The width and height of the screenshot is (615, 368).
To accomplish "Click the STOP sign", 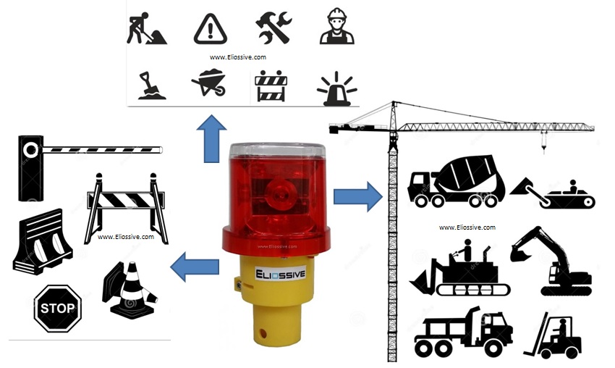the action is tap(58, 309).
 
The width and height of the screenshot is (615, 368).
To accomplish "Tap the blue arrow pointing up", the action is tap(211, 138).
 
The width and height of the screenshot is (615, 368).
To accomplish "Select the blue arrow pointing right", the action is tap(357, 196).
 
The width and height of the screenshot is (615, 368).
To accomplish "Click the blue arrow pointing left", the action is tap(195, 267).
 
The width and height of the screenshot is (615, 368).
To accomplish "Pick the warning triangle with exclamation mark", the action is tap(211, 29).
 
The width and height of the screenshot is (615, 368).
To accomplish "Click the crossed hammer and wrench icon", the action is tap(273, 27).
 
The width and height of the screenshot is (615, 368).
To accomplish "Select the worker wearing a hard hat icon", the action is tap(337, 26).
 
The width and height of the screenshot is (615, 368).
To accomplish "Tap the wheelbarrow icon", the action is tap(209, 83).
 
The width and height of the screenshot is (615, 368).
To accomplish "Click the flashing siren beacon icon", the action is tap(336, 89).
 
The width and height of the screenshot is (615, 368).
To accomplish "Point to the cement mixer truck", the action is tap(456, 180).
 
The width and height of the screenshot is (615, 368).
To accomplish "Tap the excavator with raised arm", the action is tap(551, 261).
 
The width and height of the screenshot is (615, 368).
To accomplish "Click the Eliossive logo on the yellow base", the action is tap(280, 274).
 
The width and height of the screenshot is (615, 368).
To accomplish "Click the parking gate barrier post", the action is tap(30, 168).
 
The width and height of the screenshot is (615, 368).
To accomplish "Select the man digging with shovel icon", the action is tap(146, 28).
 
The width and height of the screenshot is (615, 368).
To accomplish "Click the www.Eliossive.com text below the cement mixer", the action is tap(467, 227).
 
